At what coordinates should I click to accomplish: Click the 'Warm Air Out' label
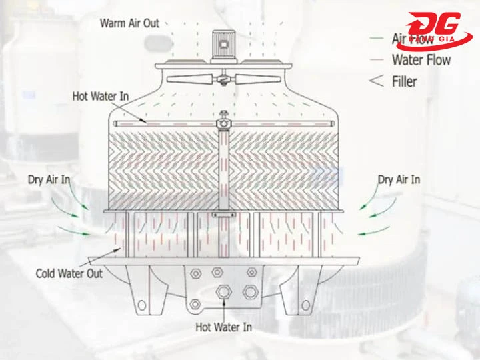coord(129,23)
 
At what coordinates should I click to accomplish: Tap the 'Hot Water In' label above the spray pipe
coord(100,97)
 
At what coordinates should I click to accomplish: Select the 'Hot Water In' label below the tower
coord(223,327)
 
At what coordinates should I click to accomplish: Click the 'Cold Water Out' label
coord(69,273)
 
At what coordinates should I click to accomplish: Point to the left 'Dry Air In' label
coord(49,179)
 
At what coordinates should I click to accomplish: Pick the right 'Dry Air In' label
coord(399,179)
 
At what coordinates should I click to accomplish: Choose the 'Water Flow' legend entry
coord(421,60)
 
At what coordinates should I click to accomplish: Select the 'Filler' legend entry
coord(413,81)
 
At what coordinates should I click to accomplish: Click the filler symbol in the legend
coord(377,81)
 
